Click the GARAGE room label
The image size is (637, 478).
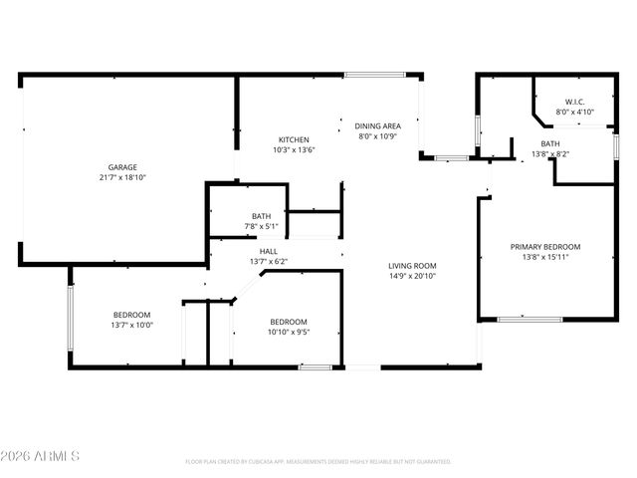[x=122, y=167]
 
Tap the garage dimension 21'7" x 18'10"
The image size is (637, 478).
[x=122, y=177]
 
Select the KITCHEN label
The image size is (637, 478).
[x=294, y=139]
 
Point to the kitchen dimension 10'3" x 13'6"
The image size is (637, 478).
[x=294, y=150]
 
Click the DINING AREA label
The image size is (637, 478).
[x=378, y=125]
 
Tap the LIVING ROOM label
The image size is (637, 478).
[x=412, y=265]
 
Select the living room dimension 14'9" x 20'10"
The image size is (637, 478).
[x=412, y=276]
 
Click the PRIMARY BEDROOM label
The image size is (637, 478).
[x=545, y=246]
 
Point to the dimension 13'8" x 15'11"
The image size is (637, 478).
[x=545, y=257]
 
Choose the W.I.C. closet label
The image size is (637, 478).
[x=574, y=102]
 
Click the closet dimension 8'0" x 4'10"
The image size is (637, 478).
[x=574, y=112]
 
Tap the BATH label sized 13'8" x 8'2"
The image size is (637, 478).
[x=550, y=143]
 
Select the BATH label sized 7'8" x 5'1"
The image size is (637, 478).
[x=262, y=216]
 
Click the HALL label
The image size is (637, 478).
[x=269, y=251]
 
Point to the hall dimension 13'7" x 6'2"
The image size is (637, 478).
[x=269, y=262]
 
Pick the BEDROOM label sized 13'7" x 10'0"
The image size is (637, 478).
[x=131, y=315]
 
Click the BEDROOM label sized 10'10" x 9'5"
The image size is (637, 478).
[x=289, y=322]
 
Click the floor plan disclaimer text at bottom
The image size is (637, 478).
[x=318, y=462]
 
